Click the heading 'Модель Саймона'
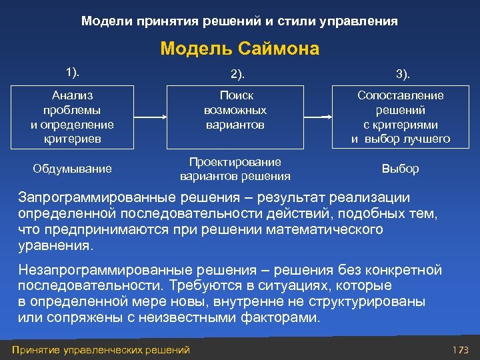[240, 49]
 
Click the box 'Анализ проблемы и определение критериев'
[72, 117]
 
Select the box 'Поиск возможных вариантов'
[235, 117]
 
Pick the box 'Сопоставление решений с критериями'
[401, 117]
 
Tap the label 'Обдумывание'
[72, 169]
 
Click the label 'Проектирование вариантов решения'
[235, 169]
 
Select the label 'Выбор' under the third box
[401, 169]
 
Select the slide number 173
[461, 349]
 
